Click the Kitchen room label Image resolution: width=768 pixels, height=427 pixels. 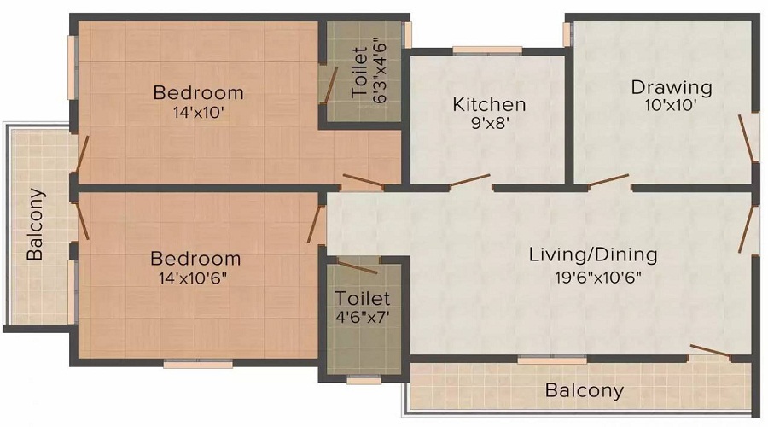coord(489,105)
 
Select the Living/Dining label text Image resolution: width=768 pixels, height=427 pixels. coord(593,254)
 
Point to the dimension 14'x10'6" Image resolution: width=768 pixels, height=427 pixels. coord(195,278)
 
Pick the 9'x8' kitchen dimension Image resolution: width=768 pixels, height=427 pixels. coord(488,124)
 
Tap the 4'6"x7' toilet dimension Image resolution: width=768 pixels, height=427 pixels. coord(362,317)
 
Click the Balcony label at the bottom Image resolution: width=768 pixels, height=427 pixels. coord(585,391)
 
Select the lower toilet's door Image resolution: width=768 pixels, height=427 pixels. coord(358,266)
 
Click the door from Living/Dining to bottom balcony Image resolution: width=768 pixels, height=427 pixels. coord(710,351)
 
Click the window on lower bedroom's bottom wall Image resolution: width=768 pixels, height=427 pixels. coord(198,364)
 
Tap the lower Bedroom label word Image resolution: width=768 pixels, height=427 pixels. coord(195,258)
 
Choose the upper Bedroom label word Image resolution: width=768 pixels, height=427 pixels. coord(198,92)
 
